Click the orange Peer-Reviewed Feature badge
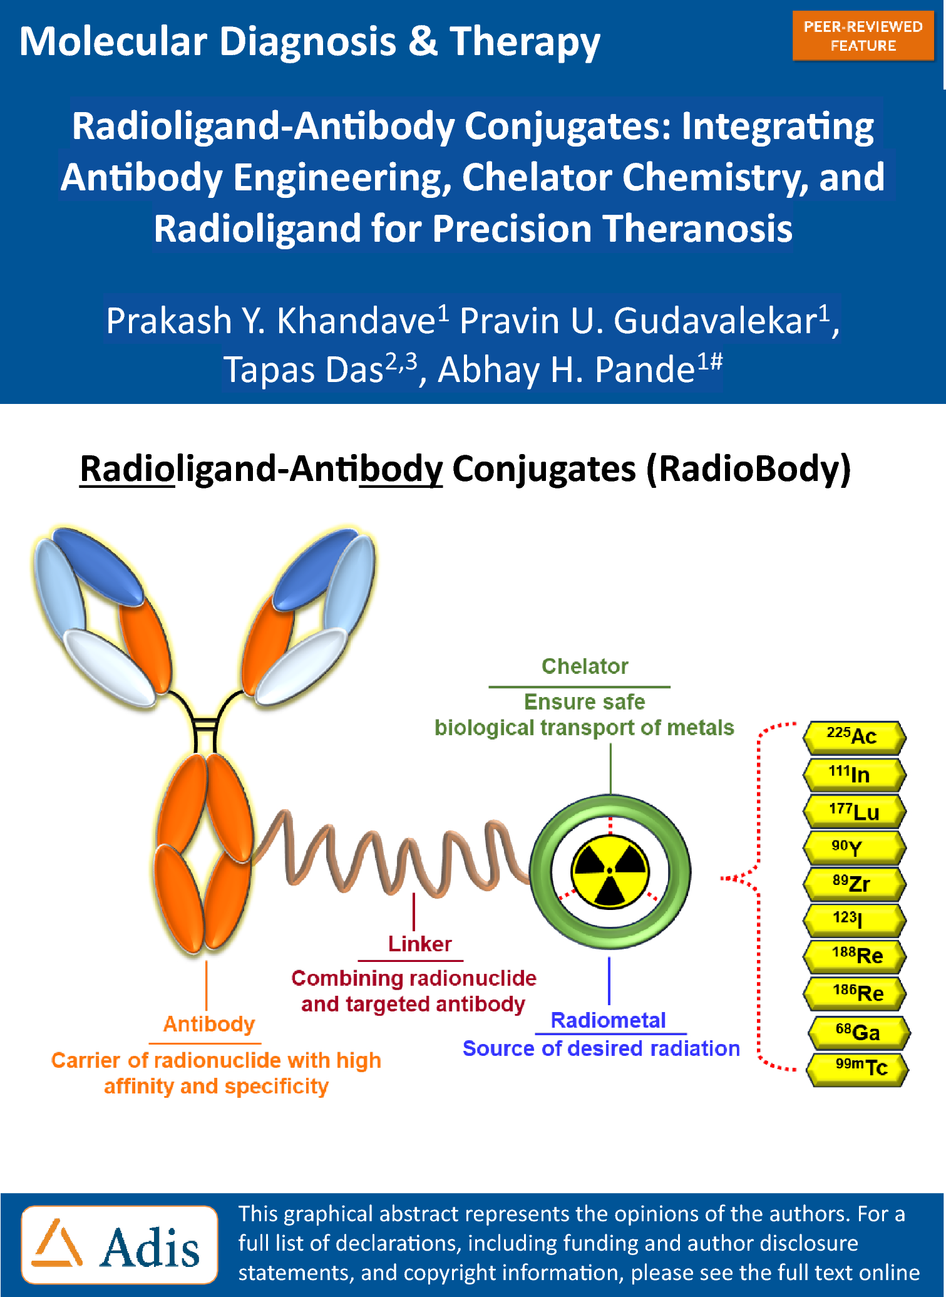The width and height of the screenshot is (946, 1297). pos(863,36)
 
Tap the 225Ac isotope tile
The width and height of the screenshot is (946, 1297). pos(855,737)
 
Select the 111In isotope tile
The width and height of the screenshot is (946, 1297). pos(855,775)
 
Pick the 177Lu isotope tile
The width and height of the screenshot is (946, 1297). pos(855,811)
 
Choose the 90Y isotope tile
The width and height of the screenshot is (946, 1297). pos(855,847)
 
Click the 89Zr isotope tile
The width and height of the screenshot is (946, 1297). pos(855,884)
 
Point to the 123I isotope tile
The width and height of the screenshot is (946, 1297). pos(855,920)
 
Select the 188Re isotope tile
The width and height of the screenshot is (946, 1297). pos(855,956)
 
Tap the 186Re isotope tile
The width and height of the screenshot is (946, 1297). pos(855,993)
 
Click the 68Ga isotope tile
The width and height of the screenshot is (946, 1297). pos(858,1032)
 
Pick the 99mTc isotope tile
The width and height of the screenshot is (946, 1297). pos(858,1069)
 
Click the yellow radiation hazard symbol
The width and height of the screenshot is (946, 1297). pos(610,871)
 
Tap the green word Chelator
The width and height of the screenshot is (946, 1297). pos(585,666)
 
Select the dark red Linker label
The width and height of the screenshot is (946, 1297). pos(419,944)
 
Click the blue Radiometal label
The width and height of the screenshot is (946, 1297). pos(608,1020)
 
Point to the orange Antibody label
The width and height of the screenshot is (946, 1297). pos(209,1025)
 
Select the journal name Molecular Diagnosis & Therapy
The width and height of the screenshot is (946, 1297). pos(310,42)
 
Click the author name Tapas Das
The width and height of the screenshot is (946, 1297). pos(304,369)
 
